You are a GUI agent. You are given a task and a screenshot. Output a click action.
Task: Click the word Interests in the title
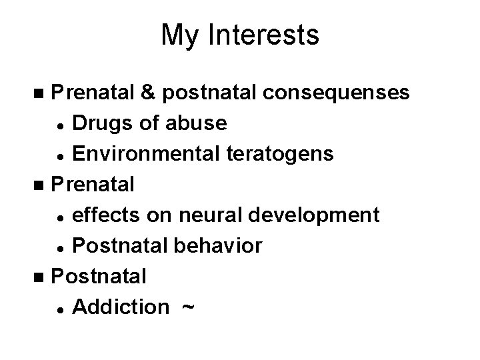coord(268,35)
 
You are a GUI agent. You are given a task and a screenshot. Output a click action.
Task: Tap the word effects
coord(103,215)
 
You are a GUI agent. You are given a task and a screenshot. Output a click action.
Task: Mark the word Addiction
coord(120,307)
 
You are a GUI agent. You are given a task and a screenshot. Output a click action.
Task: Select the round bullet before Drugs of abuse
coord(61,125)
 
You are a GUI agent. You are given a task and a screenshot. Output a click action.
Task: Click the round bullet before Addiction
coord(61,309)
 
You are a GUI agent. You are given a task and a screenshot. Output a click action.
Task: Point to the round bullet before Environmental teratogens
coord(61,155)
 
